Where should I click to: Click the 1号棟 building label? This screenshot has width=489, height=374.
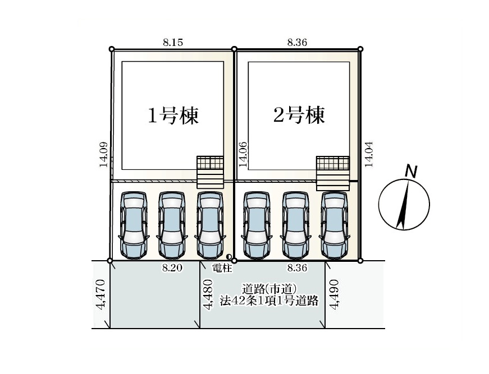click(173, 116)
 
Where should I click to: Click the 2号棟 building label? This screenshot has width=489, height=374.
click(299, 115)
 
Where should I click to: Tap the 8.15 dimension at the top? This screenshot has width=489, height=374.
click(173, 42)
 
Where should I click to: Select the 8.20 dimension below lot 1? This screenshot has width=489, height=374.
click(172, 267)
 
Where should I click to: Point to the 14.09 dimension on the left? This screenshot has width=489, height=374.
click(104, 154)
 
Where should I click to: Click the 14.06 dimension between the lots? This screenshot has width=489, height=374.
click(243, 154)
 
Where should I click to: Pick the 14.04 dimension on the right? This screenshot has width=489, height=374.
click(369, 154)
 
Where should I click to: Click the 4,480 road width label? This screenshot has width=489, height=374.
click(208, 294)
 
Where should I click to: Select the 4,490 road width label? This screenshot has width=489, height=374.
click(334, 294)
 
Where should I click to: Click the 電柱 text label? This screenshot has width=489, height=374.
click(222, 268)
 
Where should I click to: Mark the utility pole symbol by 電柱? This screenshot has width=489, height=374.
click(230, 257)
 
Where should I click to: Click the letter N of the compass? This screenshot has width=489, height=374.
click(412, 172)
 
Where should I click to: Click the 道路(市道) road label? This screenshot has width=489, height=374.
click(269, 289)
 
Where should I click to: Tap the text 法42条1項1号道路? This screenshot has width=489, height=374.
click(269, 301)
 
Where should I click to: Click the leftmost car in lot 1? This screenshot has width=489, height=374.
click(134, 225)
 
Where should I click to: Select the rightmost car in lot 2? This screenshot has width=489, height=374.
click(334, 225)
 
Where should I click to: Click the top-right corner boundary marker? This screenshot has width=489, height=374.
click(360, 49)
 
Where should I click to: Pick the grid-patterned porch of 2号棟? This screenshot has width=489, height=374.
click(332, 163)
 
